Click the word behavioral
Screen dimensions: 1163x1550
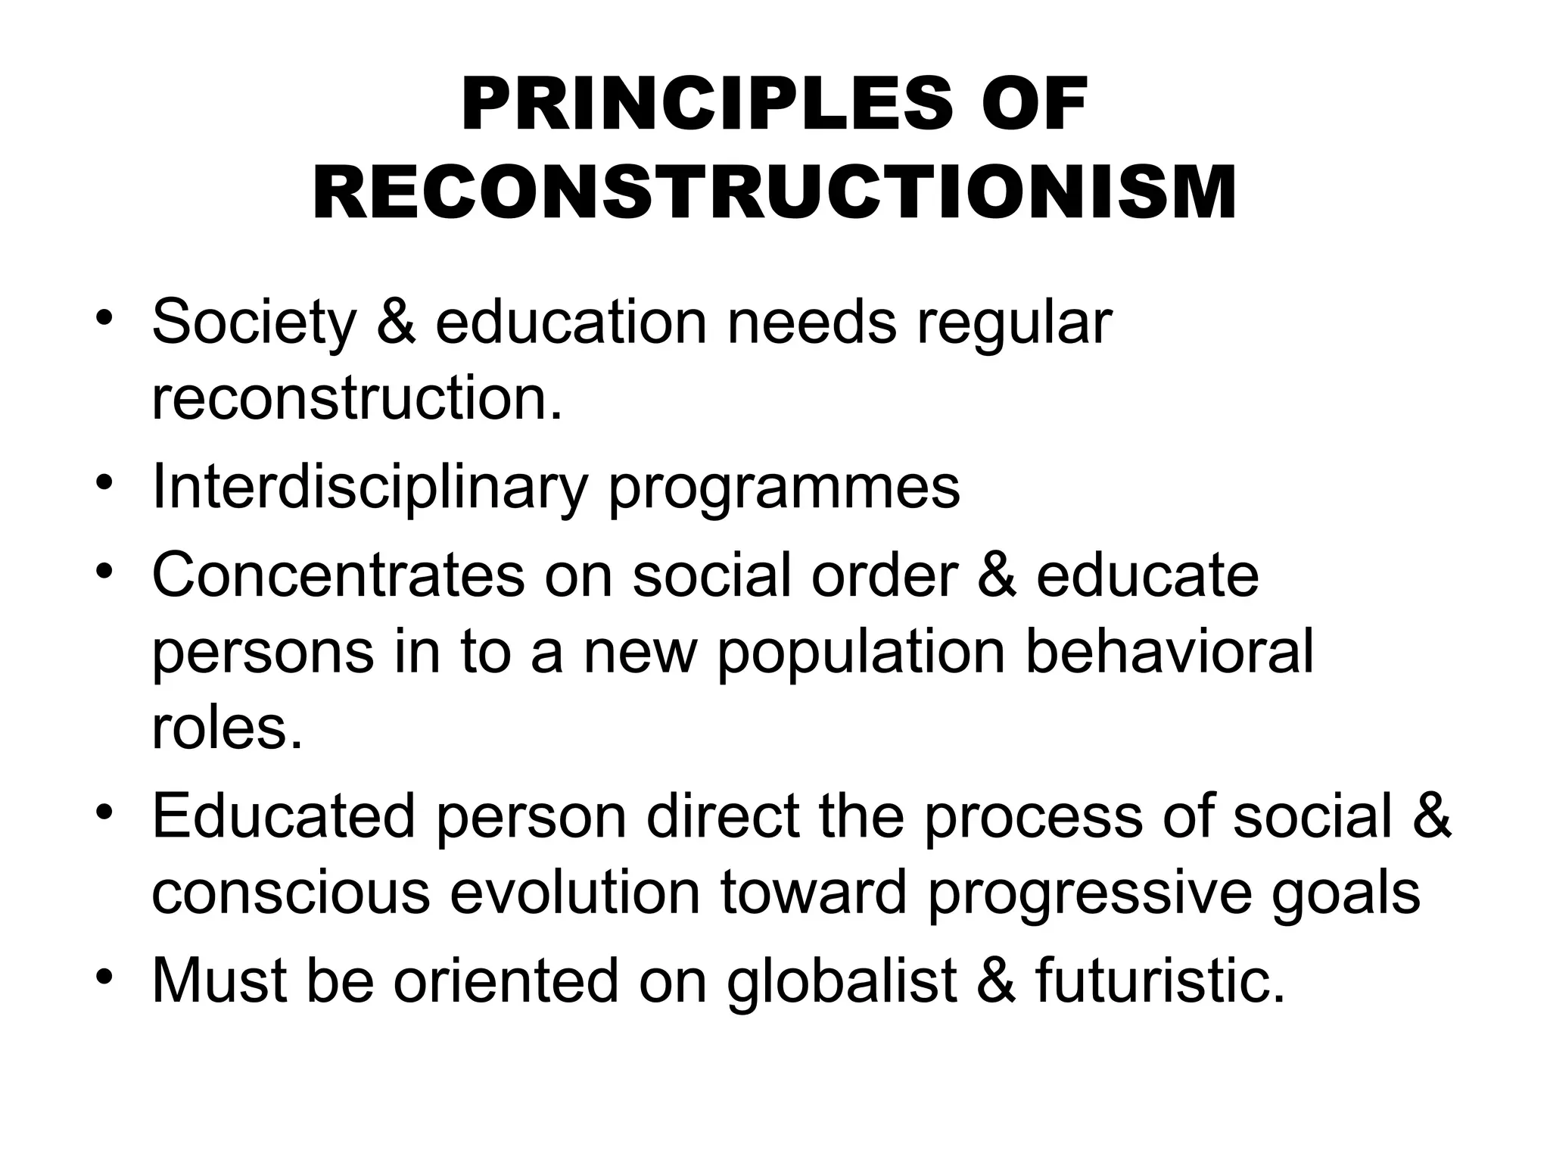coord(1169,653)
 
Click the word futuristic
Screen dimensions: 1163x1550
coord(1160,981)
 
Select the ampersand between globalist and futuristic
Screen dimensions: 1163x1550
coord(997,981)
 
